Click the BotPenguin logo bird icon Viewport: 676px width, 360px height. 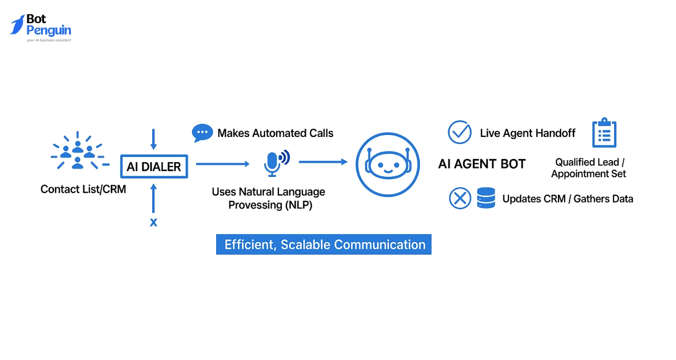coord(18,25)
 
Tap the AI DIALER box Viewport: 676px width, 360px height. coord(154,167)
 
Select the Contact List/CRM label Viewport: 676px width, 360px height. coord(83,189)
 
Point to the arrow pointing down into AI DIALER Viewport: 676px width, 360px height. coord(153,139)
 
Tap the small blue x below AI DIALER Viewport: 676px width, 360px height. coord(153,222)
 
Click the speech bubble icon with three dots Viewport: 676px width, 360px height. coord(202,133)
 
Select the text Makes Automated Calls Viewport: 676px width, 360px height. coord(276,133)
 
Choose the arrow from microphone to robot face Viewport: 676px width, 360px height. coord(323,162)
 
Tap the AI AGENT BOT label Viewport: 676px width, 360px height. coord(482,164)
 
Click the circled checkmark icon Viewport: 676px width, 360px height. coord(459,132)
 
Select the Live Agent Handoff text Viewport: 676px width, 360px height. coord(527,133)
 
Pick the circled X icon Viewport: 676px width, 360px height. coord(460,198)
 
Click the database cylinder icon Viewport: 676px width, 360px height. coord(486,198)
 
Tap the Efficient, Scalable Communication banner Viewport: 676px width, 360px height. coord(324,245)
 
